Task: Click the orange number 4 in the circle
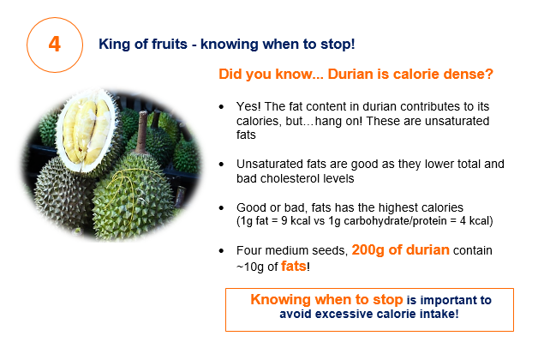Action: (54, 45)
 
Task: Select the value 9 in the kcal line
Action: (284, 221)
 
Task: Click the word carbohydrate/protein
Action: (395, 221)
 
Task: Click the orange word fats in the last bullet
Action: (294, 267)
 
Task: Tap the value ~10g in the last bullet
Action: (250, 267)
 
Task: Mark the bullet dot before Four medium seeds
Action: (221, 250)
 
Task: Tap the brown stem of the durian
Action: (142, 132)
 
